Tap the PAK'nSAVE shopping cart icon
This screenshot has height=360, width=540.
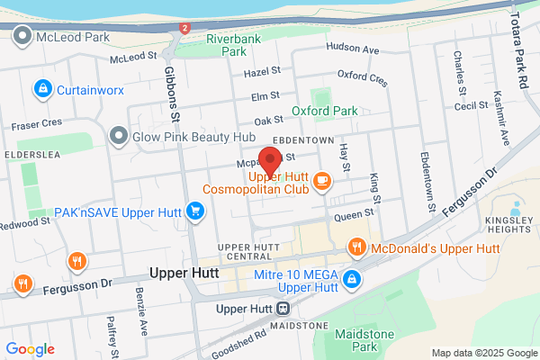coord(194,211)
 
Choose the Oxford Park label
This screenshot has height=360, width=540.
coord(324,111)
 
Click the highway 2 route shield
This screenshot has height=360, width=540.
coord(184,28)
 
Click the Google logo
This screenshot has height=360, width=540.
coord(30,349)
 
